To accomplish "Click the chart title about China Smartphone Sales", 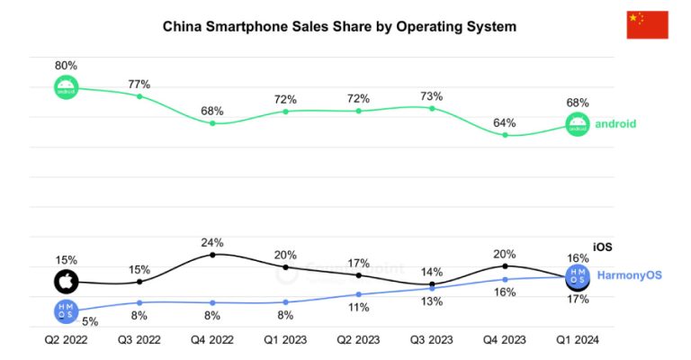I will pos(339,27).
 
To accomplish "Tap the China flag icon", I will pos(647,25).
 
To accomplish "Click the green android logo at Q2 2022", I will pos(66,87).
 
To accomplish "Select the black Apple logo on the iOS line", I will pos(66,282).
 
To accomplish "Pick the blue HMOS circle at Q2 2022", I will pos(66,311).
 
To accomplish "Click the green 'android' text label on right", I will pos(615,124).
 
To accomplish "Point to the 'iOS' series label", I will pos(602,247).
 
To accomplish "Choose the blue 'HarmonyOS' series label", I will pos(630,274).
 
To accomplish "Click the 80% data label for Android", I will pos(66,66).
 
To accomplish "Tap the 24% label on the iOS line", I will pos(212,242).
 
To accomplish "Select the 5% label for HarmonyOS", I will pos(91,321).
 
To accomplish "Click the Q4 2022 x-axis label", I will pos(212,340).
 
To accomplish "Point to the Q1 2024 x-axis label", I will pos(577,340).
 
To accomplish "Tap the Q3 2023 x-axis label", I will pos(432,340).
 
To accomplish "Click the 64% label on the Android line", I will pos(505,122).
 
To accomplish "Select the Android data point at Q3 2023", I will pos(432,108).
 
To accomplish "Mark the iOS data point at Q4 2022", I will pos(212,255).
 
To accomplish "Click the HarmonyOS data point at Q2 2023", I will pos(359,294).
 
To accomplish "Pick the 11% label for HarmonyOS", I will pos(359,308).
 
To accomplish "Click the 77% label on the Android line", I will pos(139,84).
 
